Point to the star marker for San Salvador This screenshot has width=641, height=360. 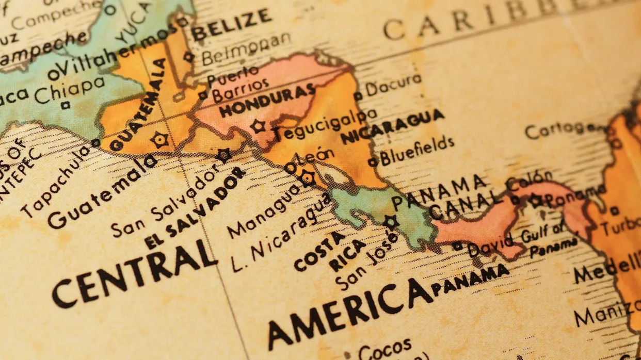pyautogui.click(x=224, y=155)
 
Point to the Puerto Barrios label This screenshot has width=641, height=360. pyautogui.click(x=237, y=85)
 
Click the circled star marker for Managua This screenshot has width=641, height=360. pyautogui.click(x=308, y=178)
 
